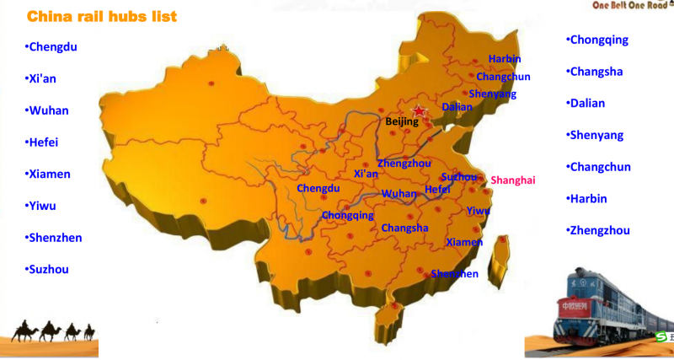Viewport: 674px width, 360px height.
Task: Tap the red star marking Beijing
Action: (x=419, y=111)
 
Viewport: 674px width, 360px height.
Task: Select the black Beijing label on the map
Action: (x=402, y=122)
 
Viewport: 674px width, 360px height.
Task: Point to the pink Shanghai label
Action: (x=512, y=180)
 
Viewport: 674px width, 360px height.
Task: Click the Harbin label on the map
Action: (x=505, y=59)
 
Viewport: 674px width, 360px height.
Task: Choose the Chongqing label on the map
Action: (x=347, y=216)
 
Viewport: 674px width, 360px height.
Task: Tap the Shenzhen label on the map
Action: (x=454, y=274)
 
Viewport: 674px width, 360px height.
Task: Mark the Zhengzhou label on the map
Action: (x=404, y=163)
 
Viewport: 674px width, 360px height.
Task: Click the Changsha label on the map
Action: (x=404, y=228)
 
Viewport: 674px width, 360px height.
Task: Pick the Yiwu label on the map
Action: (x=478, y=210)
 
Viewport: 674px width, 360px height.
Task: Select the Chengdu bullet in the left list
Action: (x=51, y=46)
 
